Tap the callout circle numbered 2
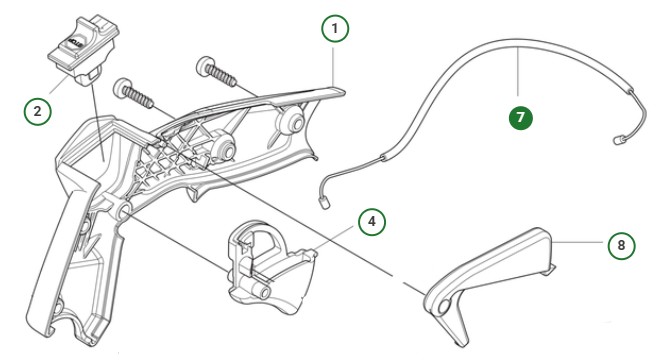tap(38, 109)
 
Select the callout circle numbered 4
tap(370, 219)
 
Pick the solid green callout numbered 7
tap(518, 117)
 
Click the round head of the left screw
tap(125, 89)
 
